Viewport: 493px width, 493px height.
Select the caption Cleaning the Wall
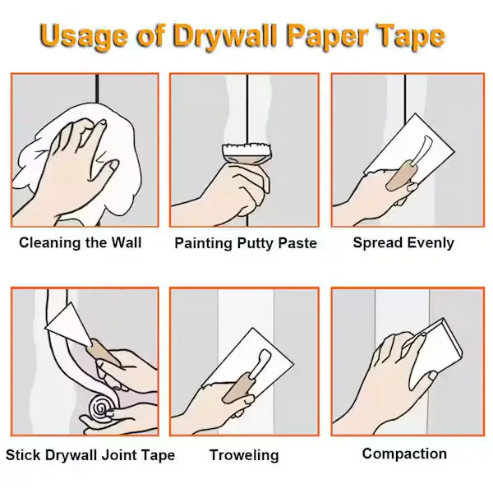tap(81, 242)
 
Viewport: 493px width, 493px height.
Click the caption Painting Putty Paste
tap(246, 243)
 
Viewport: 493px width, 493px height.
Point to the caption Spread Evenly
tap(403, 242)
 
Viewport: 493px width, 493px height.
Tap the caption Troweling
tap(244, 455)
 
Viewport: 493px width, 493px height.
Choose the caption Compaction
tap(404, 454)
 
